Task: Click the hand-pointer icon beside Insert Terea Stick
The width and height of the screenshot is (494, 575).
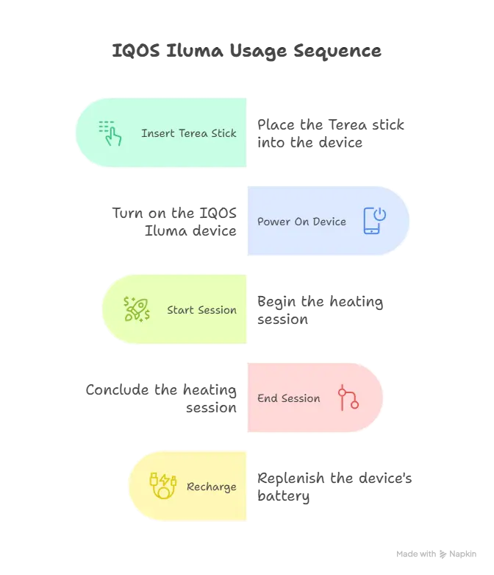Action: click(x=110, y=133)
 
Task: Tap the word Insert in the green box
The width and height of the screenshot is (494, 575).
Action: click(x=159, y=133)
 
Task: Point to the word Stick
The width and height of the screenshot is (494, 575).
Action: click(x=224, y=133)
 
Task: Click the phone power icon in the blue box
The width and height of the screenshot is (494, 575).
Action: click(x=374, y=221)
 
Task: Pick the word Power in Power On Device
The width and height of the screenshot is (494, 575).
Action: click(x=274, y=222)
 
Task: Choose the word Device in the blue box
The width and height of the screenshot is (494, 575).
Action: click(x=329, y=222)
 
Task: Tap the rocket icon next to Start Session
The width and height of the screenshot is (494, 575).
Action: click(x=137, y=309)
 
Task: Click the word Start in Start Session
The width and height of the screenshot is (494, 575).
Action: click(x=180, y=310)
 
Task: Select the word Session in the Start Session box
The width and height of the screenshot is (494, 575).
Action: click(x=217, y=310)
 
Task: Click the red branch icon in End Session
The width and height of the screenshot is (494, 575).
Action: click(x=348, y=398)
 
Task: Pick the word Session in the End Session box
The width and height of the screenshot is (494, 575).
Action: click(x=301, y=398)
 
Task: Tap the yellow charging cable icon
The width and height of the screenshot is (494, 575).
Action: click(x=162, y=486)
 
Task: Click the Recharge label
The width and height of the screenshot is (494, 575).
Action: click(x=212, y=487)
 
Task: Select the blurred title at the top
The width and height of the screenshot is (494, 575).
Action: click(x=246, y=52)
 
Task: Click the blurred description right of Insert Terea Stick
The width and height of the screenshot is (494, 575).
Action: click(x=329, y=134)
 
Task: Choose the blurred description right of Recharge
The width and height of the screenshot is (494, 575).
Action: click(x=334, y=487)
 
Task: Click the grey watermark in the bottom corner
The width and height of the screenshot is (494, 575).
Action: click(x=435, y=553)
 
